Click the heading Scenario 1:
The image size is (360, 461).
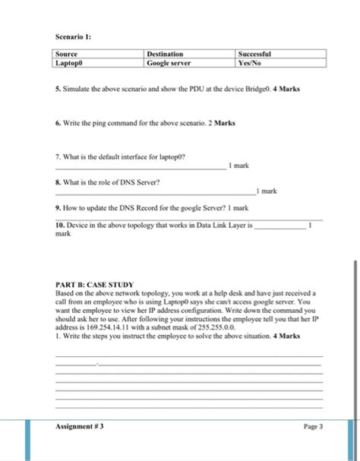[x=72, y=35]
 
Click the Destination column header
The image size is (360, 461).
[x=165, y=55]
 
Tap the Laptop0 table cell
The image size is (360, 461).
[x=71, y=63]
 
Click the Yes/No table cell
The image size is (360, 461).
[x=250, y=63]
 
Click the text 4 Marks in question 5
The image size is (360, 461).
[x=286, y=89]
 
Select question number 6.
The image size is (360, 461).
[x=58, y=122]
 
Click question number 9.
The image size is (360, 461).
[x=58, y=207]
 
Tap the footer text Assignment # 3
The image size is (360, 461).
[x=80, y=426]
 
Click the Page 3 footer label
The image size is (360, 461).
[x=313, y=426]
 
